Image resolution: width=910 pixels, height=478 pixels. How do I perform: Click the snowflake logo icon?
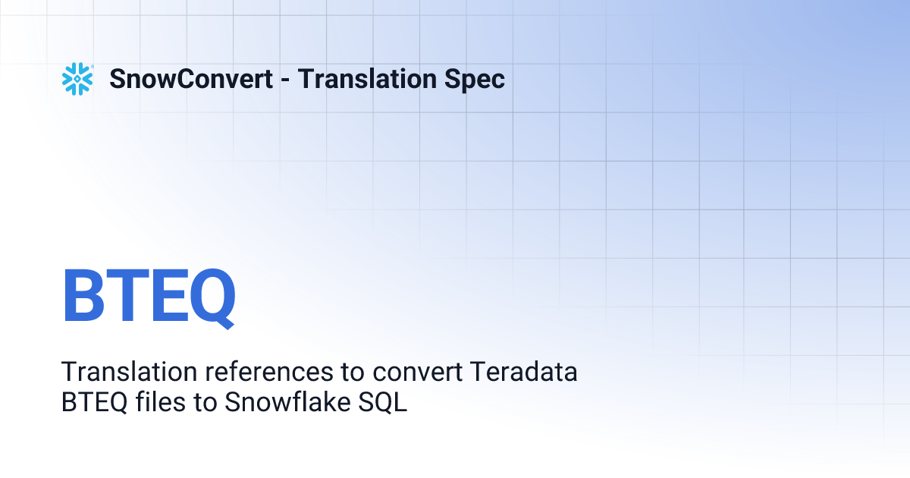click(x=77, y=79)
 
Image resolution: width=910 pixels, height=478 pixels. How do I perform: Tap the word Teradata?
click(x=524, y=373)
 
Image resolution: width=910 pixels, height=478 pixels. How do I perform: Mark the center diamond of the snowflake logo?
click(x=77, y=79)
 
